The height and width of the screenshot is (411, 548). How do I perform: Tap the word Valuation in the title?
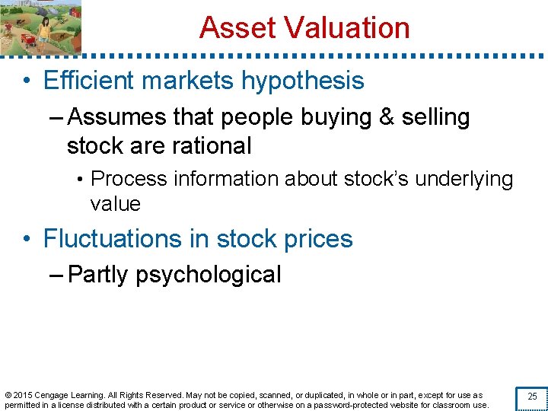click(x=346, y=28)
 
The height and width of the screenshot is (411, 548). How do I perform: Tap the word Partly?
click(x=98, y=275)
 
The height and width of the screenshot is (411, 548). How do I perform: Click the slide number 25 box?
click(x=532, y=397)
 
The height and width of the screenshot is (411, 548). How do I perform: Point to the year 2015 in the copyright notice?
click(x=23, y=396)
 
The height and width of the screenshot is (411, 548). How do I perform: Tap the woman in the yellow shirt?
click(x=44, y=29)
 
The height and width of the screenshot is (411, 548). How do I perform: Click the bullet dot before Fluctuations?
click(x=27, y=239)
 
